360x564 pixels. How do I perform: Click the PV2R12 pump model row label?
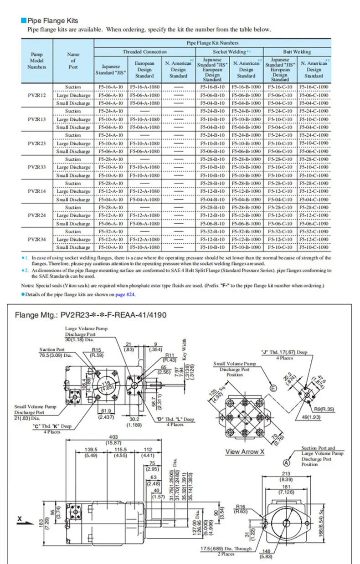36,95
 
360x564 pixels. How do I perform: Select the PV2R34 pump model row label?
36,240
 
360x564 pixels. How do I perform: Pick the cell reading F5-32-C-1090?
314,231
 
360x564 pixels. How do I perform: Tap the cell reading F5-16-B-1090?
246,87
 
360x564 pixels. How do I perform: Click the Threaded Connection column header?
144,52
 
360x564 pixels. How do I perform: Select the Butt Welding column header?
296,52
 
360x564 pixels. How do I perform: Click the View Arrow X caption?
245,452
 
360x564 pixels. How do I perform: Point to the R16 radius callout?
241,506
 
